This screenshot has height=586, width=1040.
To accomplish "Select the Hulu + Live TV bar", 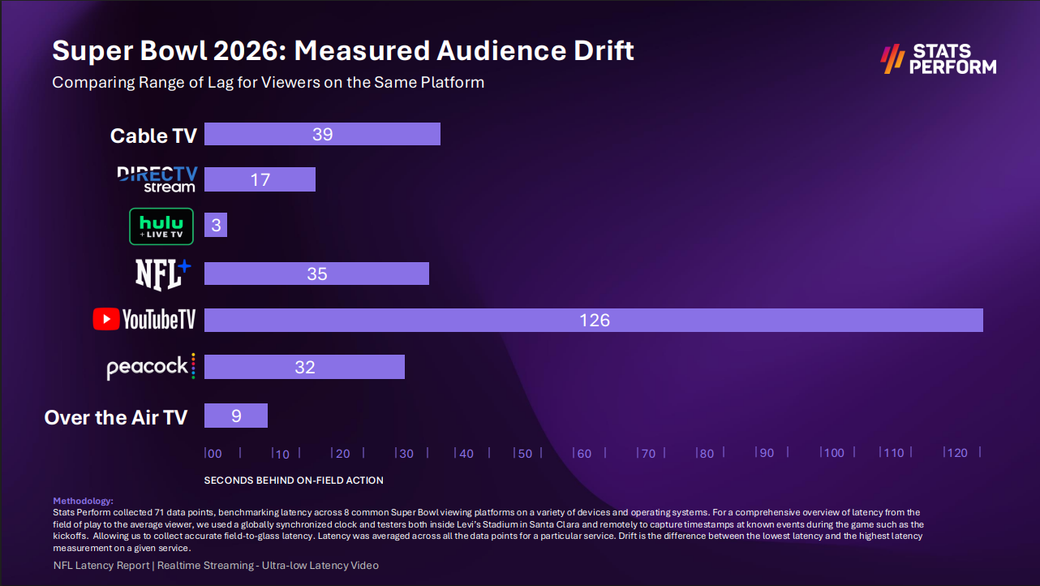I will click(216, 226).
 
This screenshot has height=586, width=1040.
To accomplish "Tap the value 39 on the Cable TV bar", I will click(323, 134).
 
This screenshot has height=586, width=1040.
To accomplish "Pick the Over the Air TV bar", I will click(235, 416).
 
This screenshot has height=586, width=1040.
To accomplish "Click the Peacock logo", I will click(151, 367).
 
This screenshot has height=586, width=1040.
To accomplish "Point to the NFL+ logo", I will click(162, 274).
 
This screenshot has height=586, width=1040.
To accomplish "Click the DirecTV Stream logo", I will click(157, 179).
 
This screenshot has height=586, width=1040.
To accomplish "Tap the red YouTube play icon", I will click(105, 320).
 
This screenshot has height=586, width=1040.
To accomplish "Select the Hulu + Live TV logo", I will click(161, 226).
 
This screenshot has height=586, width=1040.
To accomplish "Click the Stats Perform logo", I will click(939, 59).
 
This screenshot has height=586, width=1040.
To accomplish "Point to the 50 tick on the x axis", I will click(525, 453).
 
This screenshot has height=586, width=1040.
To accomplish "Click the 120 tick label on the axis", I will click(958, 453).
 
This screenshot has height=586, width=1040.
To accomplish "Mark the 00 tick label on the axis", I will click(214, 453).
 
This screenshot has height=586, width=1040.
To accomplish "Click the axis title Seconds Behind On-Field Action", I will click(294, 480).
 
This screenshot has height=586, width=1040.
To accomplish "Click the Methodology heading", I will click(83, 501).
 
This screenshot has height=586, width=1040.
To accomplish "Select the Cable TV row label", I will click(153, 136).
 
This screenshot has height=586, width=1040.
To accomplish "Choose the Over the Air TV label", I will click(115, 417).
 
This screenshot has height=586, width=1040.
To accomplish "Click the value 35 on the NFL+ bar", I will click(317, 274).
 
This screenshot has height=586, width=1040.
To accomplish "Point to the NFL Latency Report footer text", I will click(101, 565).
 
